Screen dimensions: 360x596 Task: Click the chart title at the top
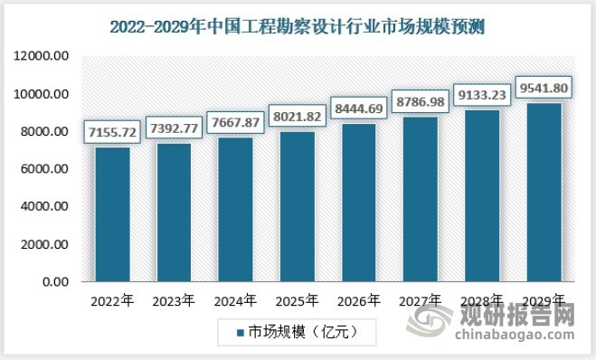click(298, 26)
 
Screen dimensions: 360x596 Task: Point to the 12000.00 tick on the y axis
click(43, 57)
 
